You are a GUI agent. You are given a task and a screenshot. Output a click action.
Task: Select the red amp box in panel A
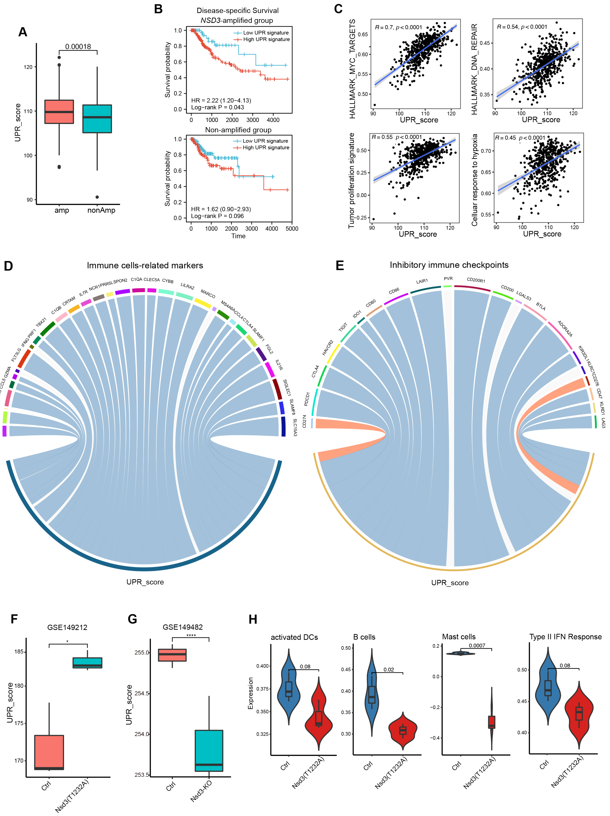(x=59, y=111)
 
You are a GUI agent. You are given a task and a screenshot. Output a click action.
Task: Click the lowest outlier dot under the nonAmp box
(x=97, y=197)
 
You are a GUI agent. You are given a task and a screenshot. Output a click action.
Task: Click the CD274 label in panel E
(x=304, y=421)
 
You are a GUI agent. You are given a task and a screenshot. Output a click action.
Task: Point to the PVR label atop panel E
(x=448, y=279)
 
